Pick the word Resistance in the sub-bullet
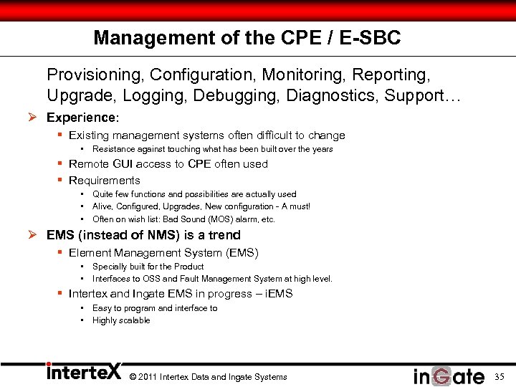point(114,149)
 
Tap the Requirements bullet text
point(105,181)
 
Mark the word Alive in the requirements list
point(104,206)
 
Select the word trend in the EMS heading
point(225,235)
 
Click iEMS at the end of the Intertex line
point(278,294)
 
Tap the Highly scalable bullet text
point(121,320)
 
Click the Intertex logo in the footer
point(83,373)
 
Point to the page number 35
point(499,376)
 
